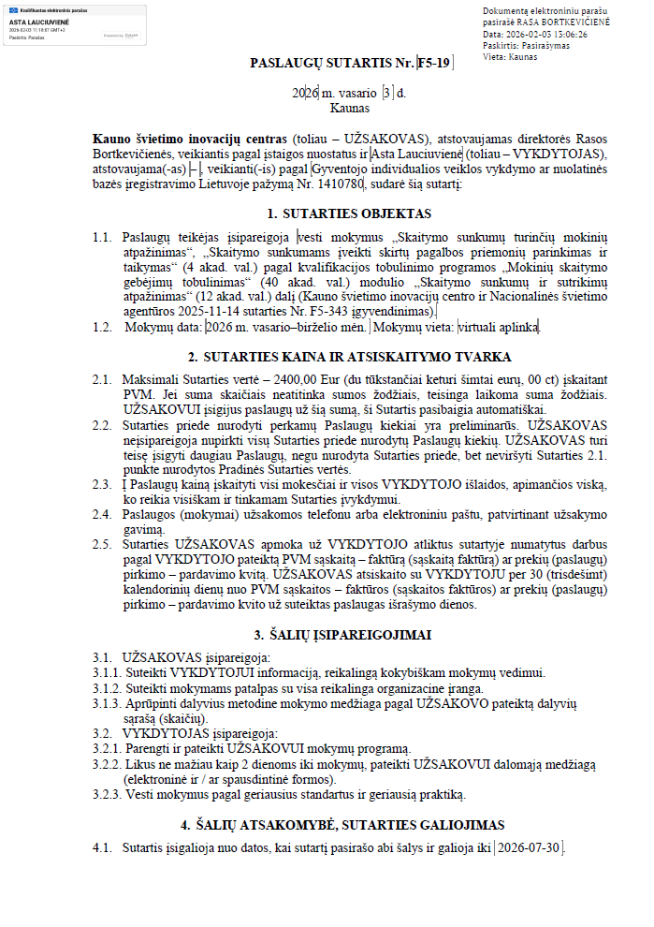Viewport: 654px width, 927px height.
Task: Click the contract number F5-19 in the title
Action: pos(435,64)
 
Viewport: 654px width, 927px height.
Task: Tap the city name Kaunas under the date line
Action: pos(324,109)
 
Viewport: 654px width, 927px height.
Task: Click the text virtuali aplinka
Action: pos(498,328)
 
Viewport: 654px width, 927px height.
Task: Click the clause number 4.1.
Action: pos(101,848)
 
